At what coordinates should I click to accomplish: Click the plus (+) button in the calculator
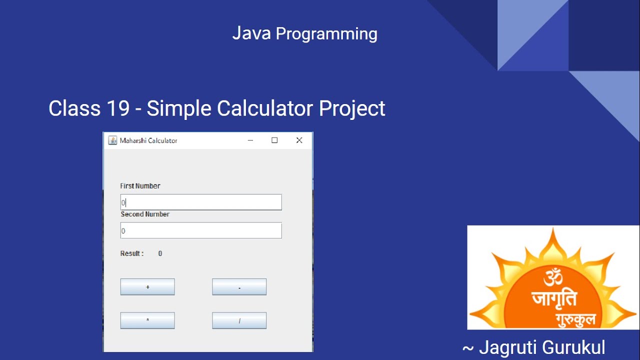pos(147,287)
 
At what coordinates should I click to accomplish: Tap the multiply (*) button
pos(147,320)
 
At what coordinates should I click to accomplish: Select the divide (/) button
pos(239,320)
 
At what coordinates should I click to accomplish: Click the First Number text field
pos(201,202)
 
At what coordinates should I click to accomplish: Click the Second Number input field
pos(201,230)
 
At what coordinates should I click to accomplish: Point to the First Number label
pos(140,186)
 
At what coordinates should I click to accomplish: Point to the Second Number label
pos(145,214)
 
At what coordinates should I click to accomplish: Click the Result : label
pos(132,253)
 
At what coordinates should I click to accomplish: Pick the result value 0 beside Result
pos(160,253)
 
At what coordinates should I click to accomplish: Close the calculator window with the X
pos(299,140)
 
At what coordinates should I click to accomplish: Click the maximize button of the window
pos(274,140)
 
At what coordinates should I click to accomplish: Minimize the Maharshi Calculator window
pos(250,140)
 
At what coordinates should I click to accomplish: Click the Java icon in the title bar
pos(112,140)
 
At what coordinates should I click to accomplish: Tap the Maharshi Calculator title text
pos(148,141)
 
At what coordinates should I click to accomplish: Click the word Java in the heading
pos(251,33)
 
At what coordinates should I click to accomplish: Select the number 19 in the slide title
pos(118,108)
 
